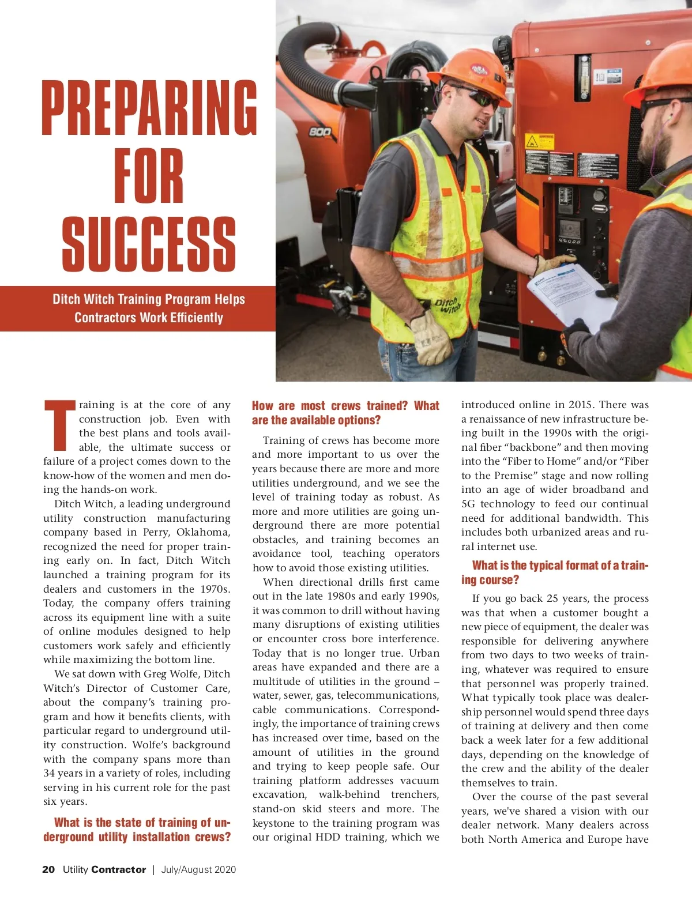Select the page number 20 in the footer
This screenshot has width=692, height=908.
[48, 869]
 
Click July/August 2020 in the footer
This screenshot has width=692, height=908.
[198, 869]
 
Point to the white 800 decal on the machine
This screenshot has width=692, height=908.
[320, 132]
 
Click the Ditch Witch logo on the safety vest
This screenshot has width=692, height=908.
[447, 305]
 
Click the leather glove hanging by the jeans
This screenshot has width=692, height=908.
[431, 340]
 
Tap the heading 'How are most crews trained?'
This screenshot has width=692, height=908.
[345, 413]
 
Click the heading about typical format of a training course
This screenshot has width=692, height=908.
[554, 572]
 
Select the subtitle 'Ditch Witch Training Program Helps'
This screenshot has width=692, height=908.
[149, 299]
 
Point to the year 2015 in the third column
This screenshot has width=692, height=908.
[580, 405]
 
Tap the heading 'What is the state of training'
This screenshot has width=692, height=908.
[137, 830]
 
